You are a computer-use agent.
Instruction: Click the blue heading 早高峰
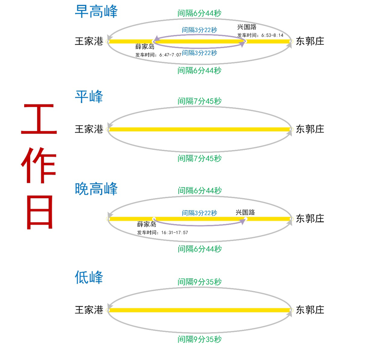pyautogui.click(x=96, y=11)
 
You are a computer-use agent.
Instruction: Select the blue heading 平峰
pyautogui.click(x=89, y=97)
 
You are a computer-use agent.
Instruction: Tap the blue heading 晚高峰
pyautogui.click(x=96, y=189)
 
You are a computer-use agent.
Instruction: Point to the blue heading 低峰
pyautogui.click(x=89, y=277)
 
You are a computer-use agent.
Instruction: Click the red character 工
pyautogui.click(x=39, y=120)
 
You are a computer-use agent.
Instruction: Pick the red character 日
pyautogui.click(x=39, y=212)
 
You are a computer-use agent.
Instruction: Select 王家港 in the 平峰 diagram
pyautogui.click(x=89, y=129)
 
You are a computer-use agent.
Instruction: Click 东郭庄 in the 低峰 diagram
pyautogui.click(x=310, y=310)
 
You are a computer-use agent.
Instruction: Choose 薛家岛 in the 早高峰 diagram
pyautogui.click(x=145, y=47)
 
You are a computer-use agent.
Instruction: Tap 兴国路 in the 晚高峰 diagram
pyautogui.click(x=245, y=212)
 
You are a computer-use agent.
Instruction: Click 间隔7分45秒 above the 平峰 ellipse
pyautogui.click(x=200, y=101)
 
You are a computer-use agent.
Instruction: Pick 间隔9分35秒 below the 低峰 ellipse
pyautogui.click(x=200, y=339)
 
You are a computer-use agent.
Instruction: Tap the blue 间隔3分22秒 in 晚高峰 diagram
pyautogui.click(x=200, y=213)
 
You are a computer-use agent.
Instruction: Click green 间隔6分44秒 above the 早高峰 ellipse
pyautogui.click(x=200, y=13)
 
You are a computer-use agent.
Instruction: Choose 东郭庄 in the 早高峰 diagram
pyautogui.click(x=310, y=41)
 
